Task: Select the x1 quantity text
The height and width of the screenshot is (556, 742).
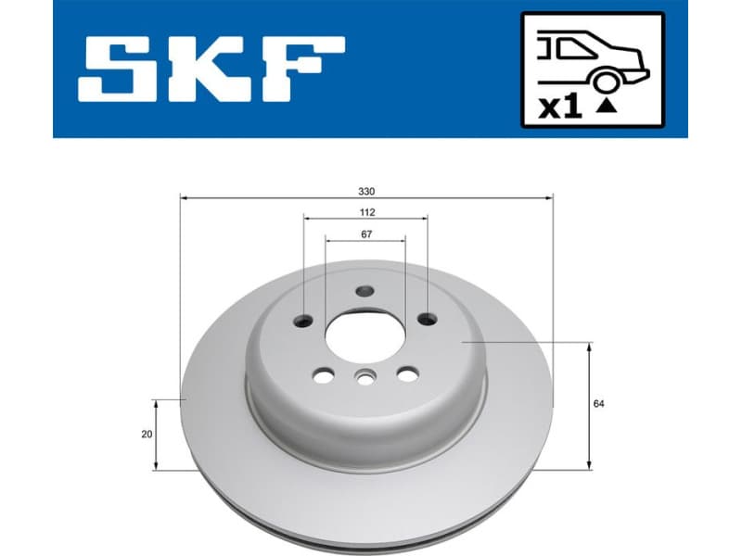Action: coord(560,107)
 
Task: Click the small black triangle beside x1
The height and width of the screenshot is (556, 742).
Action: coord(606,106)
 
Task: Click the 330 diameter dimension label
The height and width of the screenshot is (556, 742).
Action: coord(366,191)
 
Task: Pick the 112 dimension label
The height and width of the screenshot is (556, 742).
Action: coord(366,212)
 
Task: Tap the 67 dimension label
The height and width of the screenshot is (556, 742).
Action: coord(366,234)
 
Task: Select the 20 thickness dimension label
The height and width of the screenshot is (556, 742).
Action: coord(147,435)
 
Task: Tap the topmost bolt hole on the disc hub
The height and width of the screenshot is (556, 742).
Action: coord(365,291)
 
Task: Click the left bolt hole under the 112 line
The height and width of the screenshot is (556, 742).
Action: coord(304,322)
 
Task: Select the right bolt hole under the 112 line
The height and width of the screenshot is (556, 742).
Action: coord(427,320)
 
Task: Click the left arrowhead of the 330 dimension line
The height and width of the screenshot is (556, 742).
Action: coord(184,197)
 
